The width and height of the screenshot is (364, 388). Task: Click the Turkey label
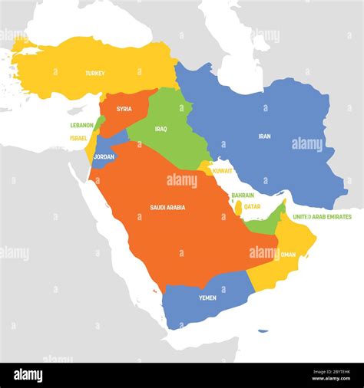coord(95,74)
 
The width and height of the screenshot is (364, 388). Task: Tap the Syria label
coord(124,109)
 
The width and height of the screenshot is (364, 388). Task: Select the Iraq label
coord(160,129)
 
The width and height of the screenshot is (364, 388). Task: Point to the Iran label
coord(264,136)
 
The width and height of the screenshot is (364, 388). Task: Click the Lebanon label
coord(81,125)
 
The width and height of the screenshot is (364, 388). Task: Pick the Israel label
coord(78,138)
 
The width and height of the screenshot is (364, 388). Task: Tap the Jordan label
coord(103,156)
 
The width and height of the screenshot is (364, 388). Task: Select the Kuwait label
coord(223,169)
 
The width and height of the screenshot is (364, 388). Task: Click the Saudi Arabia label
coord(167,207)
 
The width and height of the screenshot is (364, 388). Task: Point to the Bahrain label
coord(243,196)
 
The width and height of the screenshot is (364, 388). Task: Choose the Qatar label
coord(252,206)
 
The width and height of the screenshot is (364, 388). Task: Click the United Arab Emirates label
coord(322,217)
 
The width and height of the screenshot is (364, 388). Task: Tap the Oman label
coord(288,255)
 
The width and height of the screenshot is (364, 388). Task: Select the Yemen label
coord(207,298)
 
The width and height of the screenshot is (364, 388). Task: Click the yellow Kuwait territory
coord(206,167)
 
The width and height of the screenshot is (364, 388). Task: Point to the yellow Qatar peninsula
coord(238,207)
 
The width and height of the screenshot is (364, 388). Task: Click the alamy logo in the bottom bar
coord(28,375)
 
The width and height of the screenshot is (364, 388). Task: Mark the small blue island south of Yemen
coord(263,331)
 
